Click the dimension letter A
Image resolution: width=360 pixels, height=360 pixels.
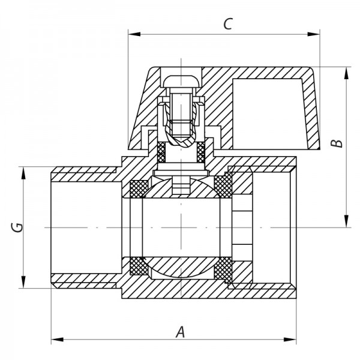point(179,331)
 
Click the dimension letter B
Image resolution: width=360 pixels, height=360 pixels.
point(339,143)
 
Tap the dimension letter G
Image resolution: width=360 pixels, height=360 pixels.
point(18,228)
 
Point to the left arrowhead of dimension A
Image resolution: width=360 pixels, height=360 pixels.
point(55,340)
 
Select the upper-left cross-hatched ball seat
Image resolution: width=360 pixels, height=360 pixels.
point(138,188)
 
